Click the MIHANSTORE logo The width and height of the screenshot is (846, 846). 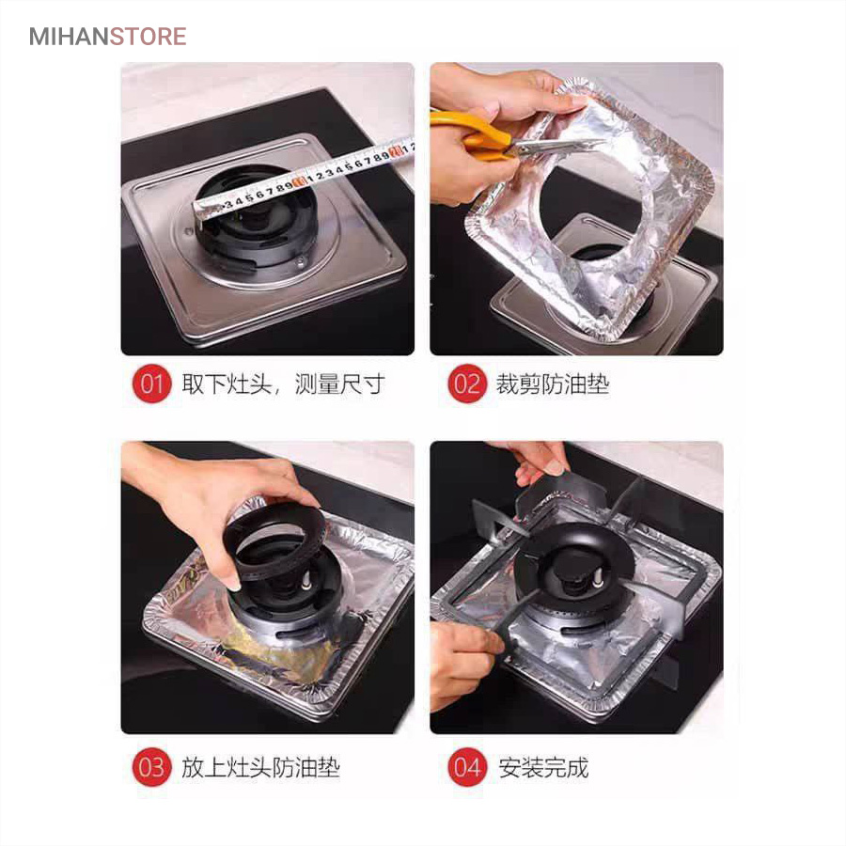107,37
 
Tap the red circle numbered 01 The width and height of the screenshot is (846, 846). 151,384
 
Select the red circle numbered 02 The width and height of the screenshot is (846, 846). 467,384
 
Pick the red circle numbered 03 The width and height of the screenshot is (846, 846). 151,767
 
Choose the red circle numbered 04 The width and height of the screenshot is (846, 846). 467,767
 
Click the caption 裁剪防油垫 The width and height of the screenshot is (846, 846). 553,384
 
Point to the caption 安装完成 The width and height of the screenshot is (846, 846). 543,767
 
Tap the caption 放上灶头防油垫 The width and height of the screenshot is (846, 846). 260,767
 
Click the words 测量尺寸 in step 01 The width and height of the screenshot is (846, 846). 340,384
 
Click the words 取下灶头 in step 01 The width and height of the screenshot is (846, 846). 227,384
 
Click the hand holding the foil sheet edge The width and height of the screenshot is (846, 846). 505,94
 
